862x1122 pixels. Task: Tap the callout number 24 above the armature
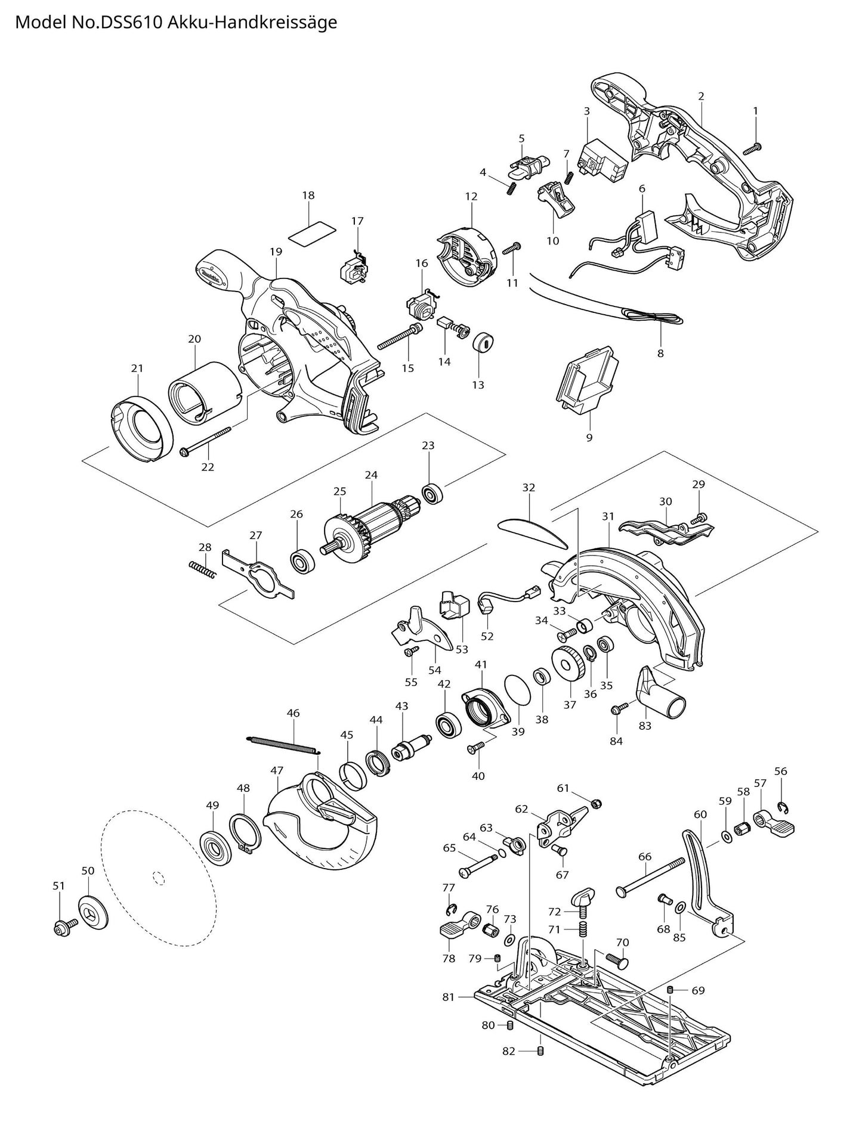pyautogui.click(x=371, y=475)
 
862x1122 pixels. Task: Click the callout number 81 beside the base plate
pyautogui.click(x=449, y=997)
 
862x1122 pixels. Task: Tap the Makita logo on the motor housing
pyautogui.click(x=211, y=275)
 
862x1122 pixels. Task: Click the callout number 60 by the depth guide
pyautogui.click(x=700, y=814)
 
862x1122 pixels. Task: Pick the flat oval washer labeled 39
pyautogui.click(x=517, y=691)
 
